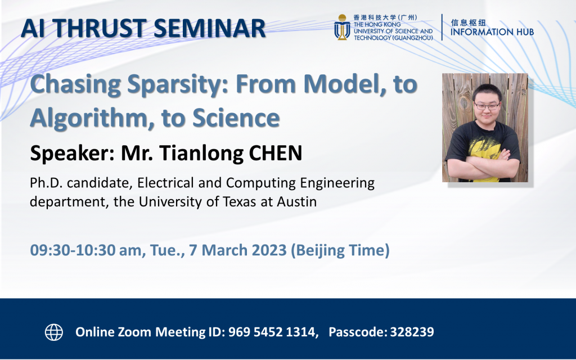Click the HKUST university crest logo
tap(341, 27)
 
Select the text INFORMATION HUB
tap(492, 32)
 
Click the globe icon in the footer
tap(54, 332)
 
